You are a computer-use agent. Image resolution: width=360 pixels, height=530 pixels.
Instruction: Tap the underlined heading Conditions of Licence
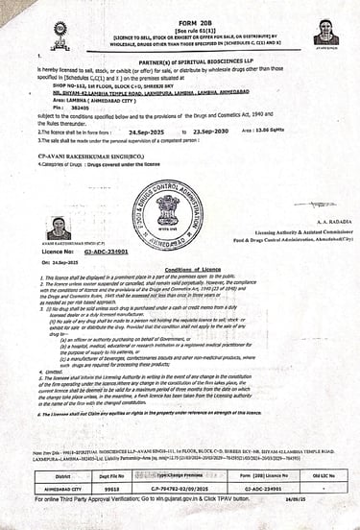[180, 271]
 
